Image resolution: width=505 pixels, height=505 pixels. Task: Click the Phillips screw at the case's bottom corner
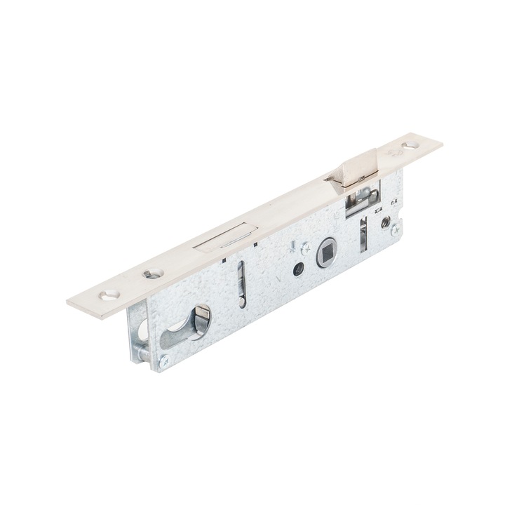tap(163, 361)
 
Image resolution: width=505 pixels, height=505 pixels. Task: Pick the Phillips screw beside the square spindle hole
tap(304, 248)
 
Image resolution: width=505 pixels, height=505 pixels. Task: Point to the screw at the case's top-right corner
tap(395, 229)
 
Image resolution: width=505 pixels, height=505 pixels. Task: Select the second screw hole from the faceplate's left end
tap(149, 273)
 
